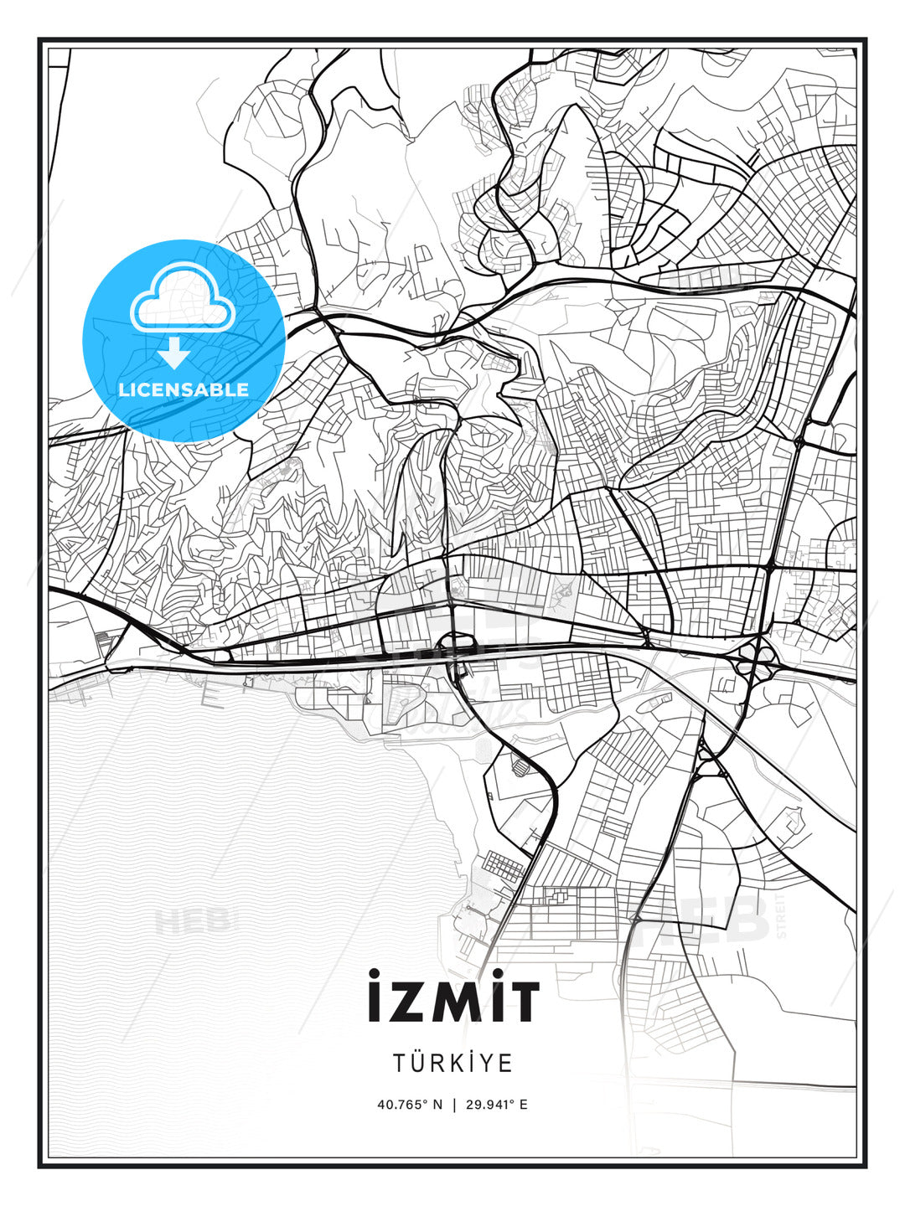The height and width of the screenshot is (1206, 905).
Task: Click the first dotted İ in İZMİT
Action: pyautogui.click(x=374, y=997)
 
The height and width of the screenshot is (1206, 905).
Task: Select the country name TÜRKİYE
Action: pyautogui.click(x=452, y=1063)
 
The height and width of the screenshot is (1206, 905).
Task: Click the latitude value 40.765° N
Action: pyautogui.click(x=409, y=1105)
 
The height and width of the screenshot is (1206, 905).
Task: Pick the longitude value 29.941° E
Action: pyautogui.click(x=495, y=1105)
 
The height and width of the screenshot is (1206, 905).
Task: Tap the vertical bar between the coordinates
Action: pyautogui.click(x=453, y=1105)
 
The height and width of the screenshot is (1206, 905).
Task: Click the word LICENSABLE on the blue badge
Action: pyautogui.click(x=184, y=389)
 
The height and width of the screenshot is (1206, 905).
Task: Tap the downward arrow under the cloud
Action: pyautogui.click(x=174, y=353)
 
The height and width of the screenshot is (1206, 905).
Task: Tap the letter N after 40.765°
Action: pyautogui.click(x=437, y=1105)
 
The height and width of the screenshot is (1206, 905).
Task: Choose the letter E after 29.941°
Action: pyautogui.click(x=524, y=1105)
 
